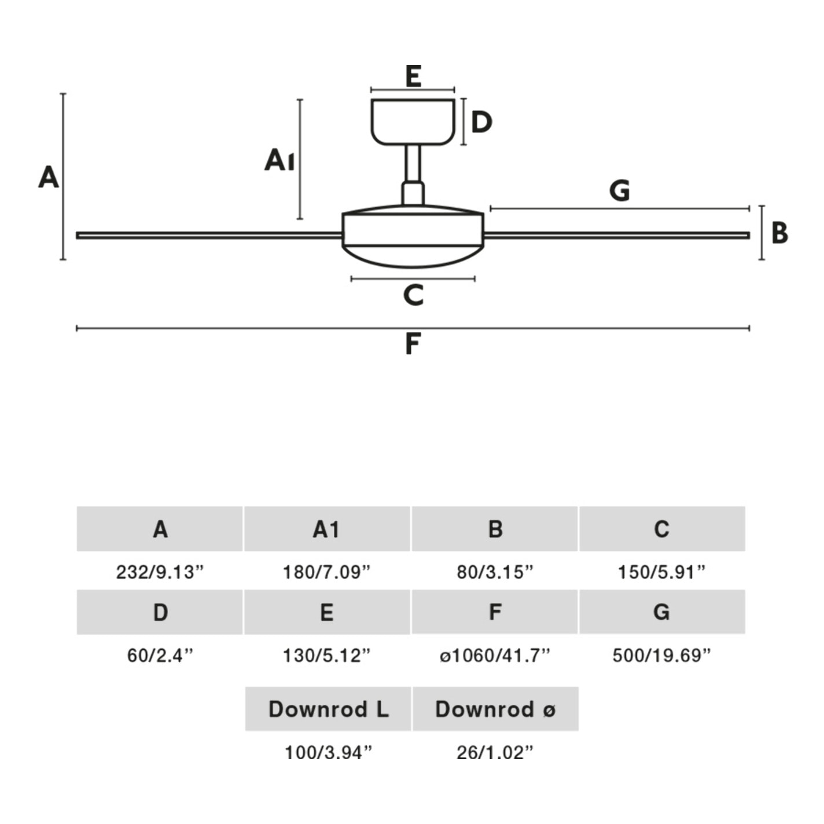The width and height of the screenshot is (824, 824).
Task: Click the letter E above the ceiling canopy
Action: pos(413,76)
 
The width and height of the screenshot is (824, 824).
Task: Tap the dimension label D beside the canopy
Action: pos(481,122)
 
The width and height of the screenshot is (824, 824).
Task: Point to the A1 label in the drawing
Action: pos(279,160)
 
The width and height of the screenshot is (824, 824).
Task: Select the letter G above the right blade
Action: pos(620,190)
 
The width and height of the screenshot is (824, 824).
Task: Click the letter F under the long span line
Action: pos(412,344)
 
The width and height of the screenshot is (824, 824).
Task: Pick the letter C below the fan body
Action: pos(413,295)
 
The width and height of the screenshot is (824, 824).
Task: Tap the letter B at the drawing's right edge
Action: pos(779,233)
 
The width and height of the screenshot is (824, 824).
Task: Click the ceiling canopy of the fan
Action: pos(413,122)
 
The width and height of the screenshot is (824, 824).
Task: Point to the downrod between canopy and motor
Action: pos(413,164)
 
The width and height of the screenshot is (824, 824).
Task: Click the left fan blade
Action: pos(208,236)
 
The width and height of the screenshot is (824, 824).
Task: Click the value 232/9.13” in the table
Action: pos(160,572)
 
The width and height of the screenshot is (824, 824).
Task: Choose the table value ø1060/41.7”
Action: pos(495,656)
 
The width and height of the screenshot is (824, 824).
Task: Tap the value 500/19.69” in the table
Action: pos(661,656)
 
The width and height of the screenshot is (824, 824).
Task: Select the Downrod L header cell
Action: pos(328,709)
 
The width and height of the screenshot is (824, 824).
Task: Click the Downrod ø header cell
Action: pos(495,709)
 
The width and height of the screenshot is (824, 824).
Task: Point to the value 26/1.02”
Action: pos(495,752)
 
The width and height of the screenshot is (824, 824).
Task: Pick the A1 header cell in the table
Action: pos(327,529)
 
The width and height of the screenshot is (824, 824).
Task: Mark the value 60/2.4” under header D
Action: pos(160,656)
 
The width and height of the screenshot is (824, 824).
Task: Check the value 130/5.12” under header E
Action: pos(327,656)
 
